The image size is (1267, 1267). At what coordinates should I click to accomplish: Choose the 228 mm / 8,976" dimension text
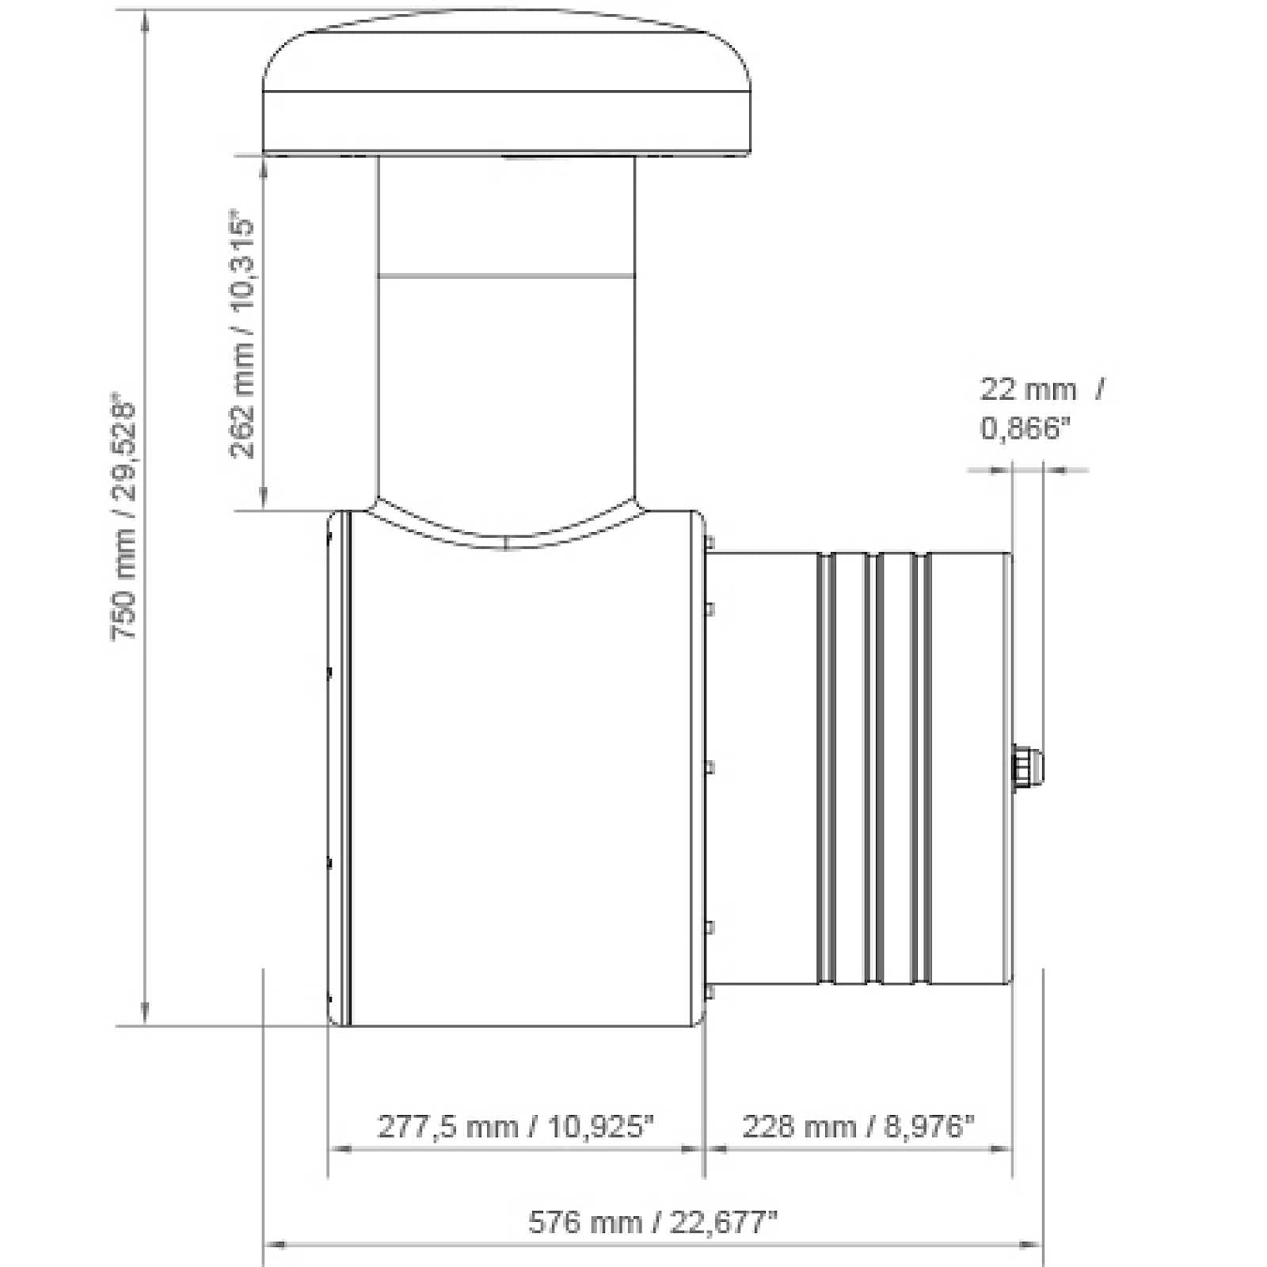point(858,1125)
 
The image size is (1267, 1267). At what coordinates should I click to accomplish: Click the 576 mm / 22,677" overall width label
point(653,1222)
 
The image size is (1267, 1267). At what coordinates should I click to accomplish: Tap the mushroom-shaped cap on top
point(507,87)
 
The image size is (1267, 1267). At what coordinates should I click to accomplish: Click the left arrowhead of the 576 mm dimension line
point(272,1245)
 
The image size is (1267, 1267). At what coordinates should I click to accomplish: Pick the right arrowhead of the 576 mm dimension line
point(1033,1245)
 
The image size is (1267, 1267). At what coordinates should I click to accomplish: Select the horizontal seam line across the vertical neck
point(507,276)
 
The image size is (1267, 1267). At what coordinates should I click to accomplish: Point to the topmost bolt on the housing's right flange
point(710,543)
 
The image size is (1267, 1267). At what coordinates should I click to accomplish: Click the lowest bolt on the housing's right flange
point(710,991)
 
